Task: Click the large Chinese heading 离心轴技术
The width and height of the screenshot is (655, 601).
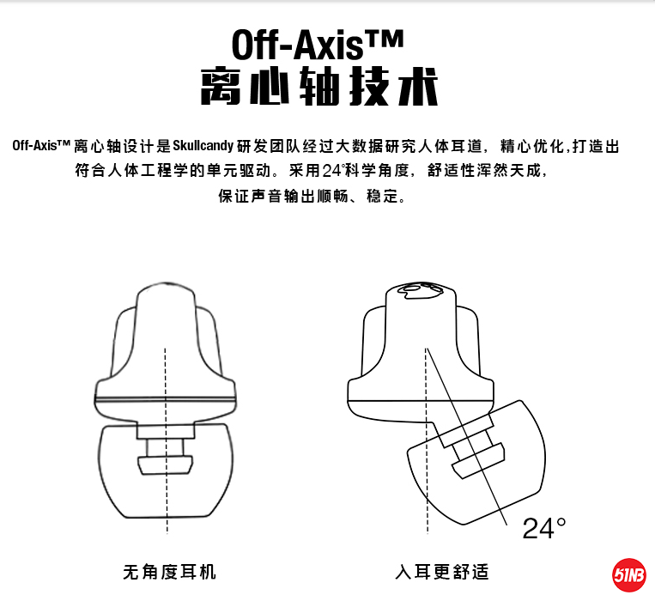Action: tap(317, 88)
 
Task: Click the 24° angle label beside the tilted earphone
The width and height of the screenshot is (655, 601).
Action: tap(544, 528)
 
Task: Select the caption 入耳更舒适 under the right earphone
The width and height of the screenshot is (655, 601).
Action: tap(442, 572)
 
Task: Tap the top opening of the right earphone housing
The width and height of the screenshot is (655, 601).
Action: tap(421, 292)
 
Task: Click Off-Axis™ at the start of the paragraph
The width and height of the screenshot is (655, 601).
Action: tap(40, 146)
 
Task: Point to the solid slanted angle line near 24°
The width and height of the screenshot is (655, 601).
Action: tap(481, 446)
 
